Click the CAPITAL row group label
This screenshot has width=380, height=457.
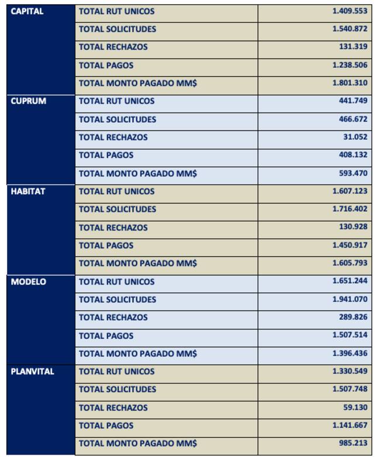point(27,11)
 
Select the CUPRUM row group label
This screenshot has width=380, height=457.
point(28,101)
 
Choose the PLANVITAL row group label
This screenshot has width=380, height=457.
point(33,372)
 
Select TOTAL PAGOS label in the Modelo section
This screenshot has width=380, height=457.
point(106,336)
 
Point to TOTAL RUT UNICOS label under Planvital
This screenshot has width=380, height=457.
point(117,372)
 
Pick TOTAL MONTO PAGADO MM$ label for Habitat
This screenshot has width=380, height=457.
point(137,263)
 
